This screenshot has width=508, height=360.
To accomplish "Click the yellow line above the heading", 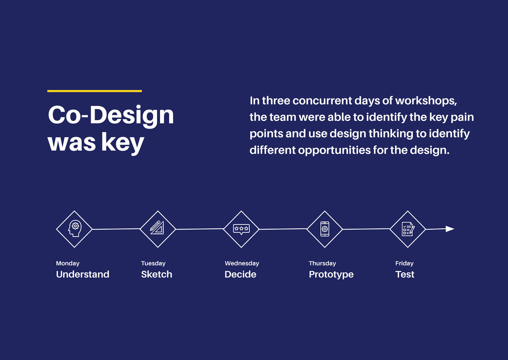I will click(x=94, y=91).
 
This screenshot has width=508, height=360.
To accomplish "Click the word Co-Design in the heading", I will click(x=111, y=115).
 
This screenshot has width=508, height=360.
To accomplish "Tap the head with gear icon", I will click(x=75, y=229).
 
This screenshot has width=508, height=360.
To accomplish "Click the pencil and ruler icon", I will click(x=157, y=228).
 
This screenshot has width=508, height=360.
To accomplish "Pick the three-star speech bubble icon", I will click(x=241, y=229).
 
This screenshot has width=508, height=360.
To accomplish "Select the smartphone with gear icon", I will click(x=324, y=229).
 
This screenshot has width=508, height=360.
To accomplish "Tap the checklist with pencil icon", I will click(x=407, y=229).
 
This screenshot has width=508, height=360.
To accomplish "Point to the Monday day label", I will click(x=68, y=263).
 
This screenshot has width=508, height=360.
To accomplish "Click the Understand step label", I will click(x=82, y=275).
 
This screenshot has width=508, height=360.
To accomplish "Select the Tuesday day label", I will click(x=153, y=263).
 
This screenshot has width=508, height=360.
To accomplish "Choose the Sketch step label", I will click(x=157, y=275).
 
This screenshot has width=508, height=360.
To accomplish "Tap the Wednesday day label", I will click(x=242, y=263).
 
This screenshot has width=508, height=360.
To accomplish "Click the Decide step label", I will click(x=240, y=275).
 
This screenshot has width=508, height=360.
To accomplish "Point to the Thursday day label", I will click(x=322, y=263).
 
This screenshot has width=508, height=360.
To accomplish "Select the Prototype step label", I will click(x=331, y=275).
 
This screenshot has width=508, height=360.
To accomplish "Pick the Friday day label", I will click(x=404, y=263).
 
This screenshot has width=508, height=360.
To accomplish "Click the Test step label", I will click(x=405, y=275).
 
